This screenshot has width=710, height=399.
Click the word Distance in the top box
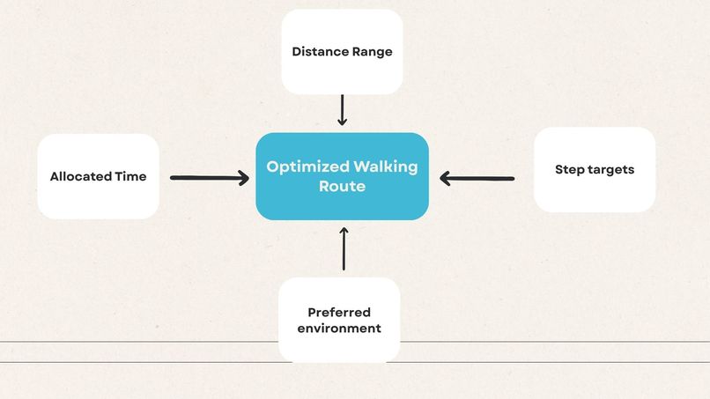[x=320, y=52]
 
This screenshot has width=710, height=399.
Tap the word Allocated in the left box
[x=80, y=176]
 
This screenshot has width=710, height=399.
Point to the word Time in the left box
[x=131, y=176]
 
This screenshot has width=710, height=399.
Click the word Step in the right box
[x=570, y=170]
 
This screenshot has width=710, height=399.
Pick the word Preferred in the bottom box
[x=339, y=313]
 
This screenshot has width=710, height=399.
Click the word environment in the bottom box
[x=339, y=328]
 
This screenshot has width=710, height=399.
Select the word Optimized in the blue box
[x=308, y=167]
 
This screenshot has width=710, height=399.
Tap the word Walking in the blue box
[x=386, y=166]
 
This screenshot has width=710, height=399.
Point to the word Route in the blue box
[x=343, y=186]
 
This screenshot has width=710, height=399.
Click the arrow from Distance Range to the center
[x=343, y=110]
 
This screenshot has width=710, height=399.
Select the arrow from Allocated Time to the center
[x=210, y=178]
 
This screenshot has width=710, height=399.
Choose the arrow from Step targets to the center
[x=477, y=179]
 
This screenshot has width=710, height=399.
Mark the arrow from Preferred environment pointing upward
[x=344, y=248]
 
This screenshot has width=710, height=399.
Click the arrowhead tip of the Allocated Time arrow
[x=248, y=178]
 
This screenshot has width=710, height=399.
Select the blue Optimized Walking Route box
[x=343, y=176]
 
